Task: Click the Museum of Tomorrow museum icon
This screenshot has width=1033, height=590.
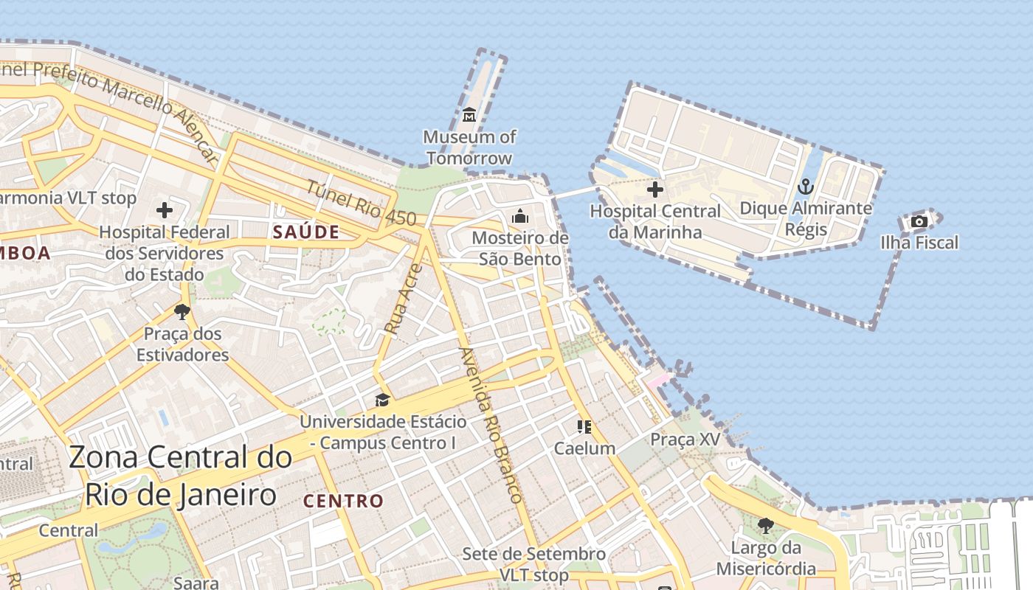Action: pos(469,114)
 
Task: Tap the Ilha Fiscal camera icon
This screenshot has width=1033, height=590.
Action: pos(919,221)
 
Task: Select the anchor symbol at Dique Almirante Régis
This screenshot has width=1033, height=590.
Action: pos(806,187)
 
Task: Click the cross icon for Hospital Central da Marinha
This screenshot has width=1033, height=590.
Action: pos(654,190)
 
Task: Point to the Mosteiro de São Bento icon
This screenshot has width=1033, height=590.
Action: pos(520,216)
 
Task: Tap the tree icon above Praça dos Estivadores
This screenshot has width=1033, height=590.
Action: pos(182,311)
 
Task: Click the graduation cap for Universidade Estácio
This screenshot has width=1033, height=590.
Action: pos(382,400)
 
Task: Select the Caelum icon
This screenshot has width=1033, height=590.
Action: pos(584,427)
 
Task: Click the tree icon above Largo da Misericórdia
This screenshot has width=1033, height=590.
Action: pos(766,526)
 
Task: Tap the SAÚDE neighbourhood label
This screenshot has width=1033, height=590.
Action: pos(306,232)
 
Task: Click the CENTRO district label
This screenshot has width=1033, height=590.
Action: pos(344,502)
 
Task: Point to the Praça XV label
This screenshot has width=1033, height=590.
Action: pos(685,440)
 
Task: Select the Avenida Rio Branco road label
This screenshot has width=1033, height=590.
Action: pos(491,425)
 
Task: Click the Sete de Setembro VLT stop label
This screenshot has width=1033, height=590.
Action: pos(534,564)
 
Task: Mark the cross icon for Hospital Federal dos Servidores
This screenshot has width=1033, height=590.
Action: pos(165,211)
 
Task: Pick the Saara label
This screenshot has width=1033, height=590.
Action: pos(196,583)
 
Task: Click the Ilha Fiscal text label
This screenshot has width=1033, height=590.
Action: pos(919,243)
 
